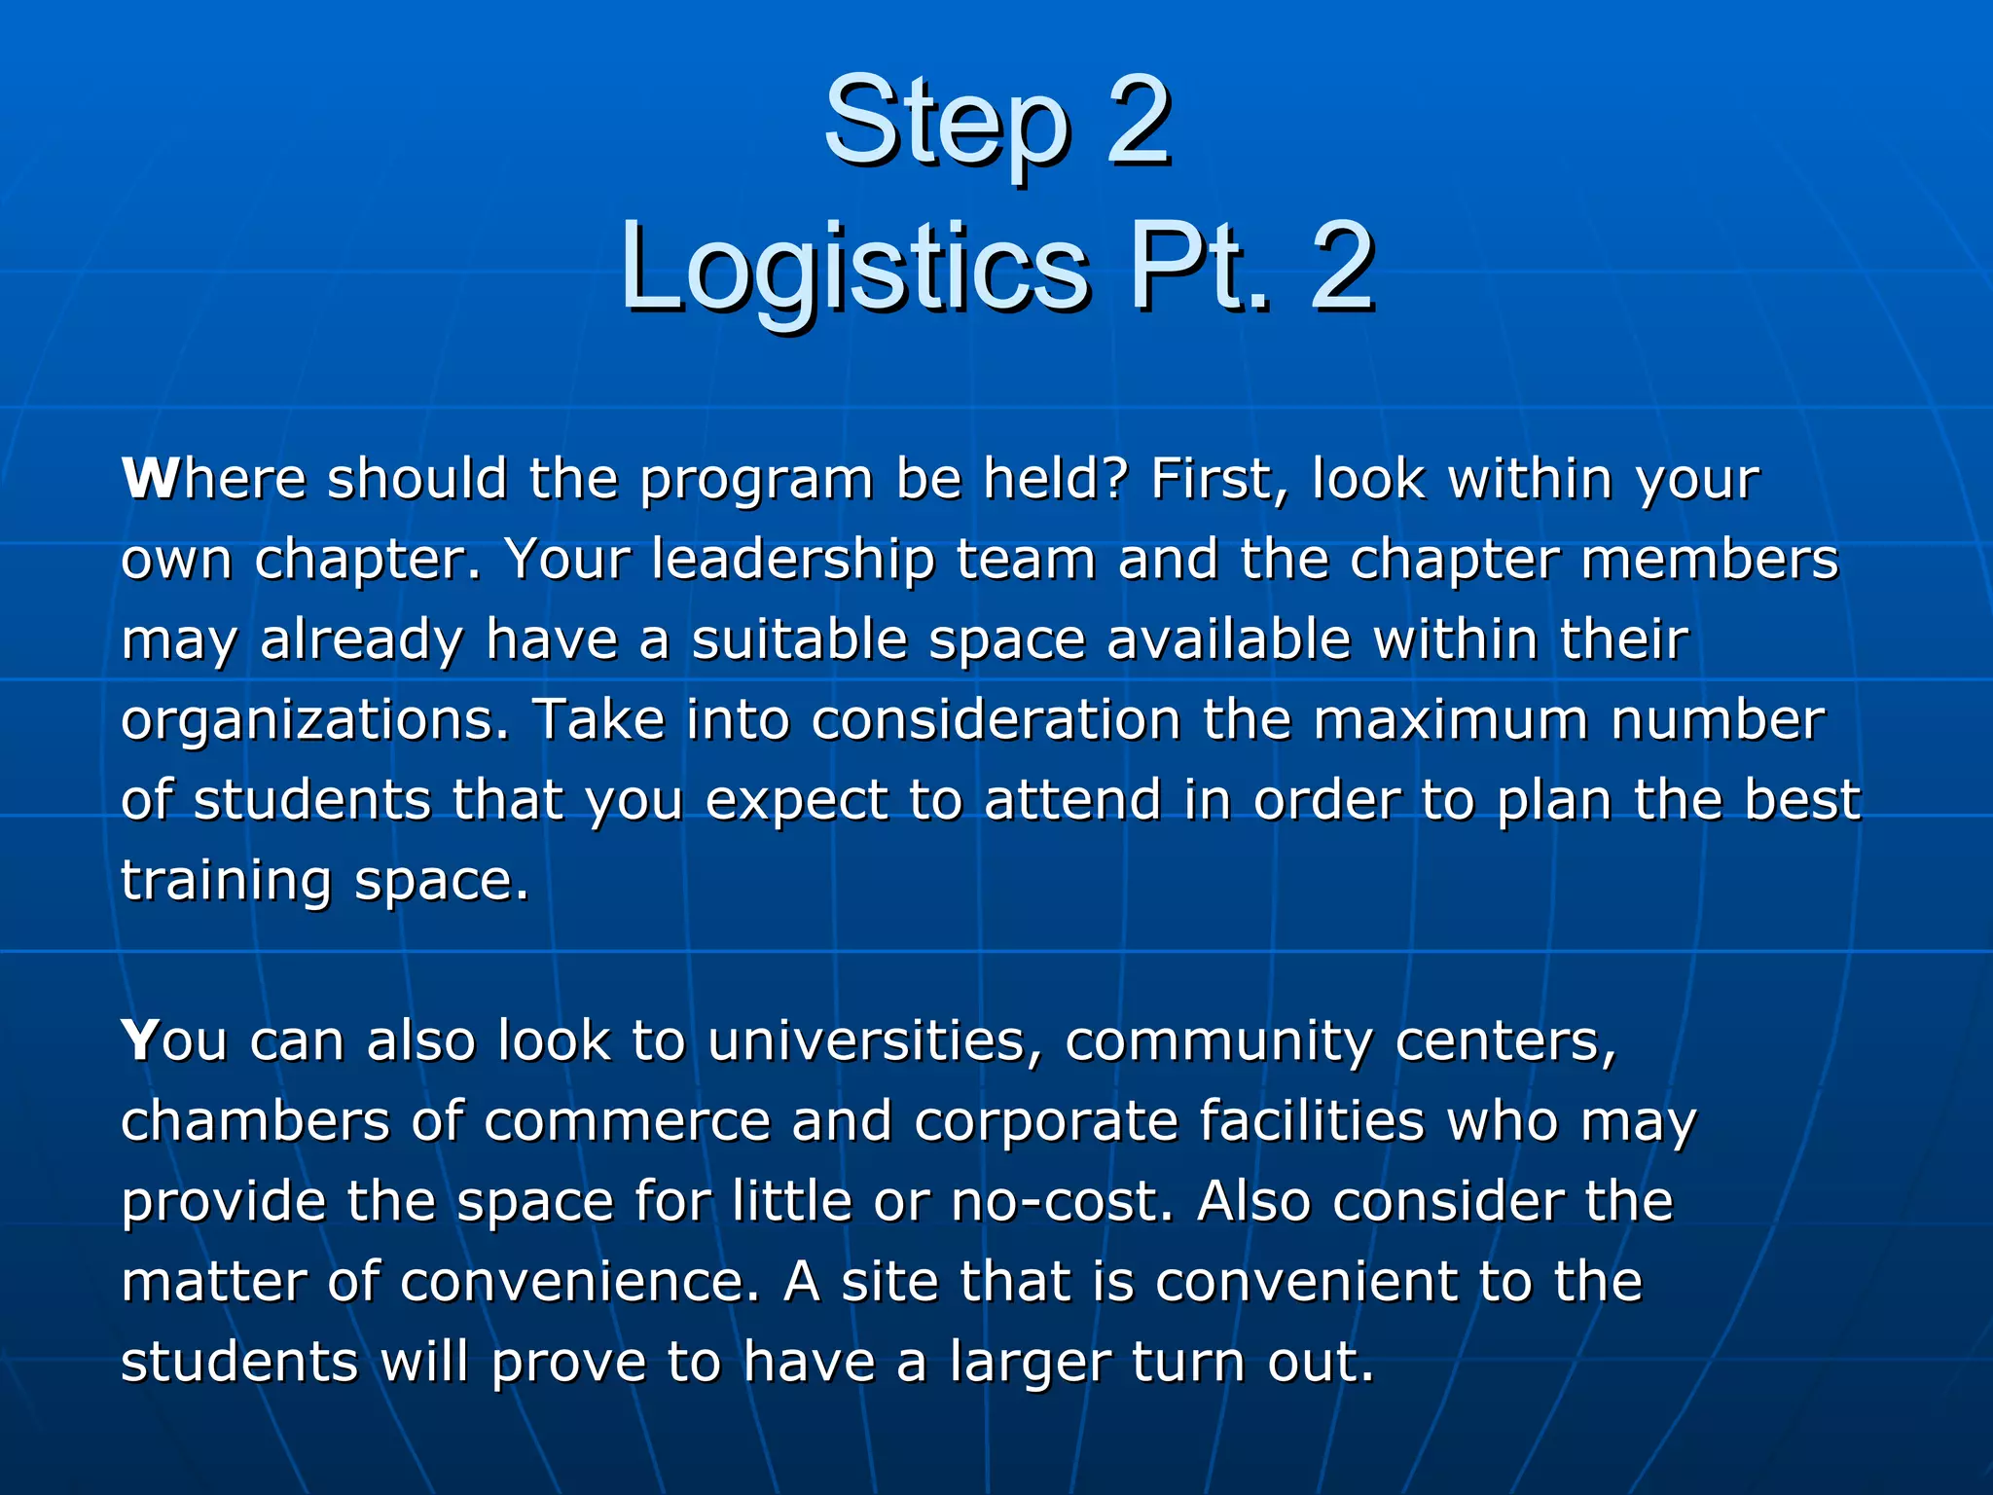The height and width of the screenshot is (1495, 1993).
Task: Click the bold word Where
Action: pos(214,479)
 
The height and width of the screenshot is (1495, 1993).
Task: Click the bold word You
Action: pos(174,1040)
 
